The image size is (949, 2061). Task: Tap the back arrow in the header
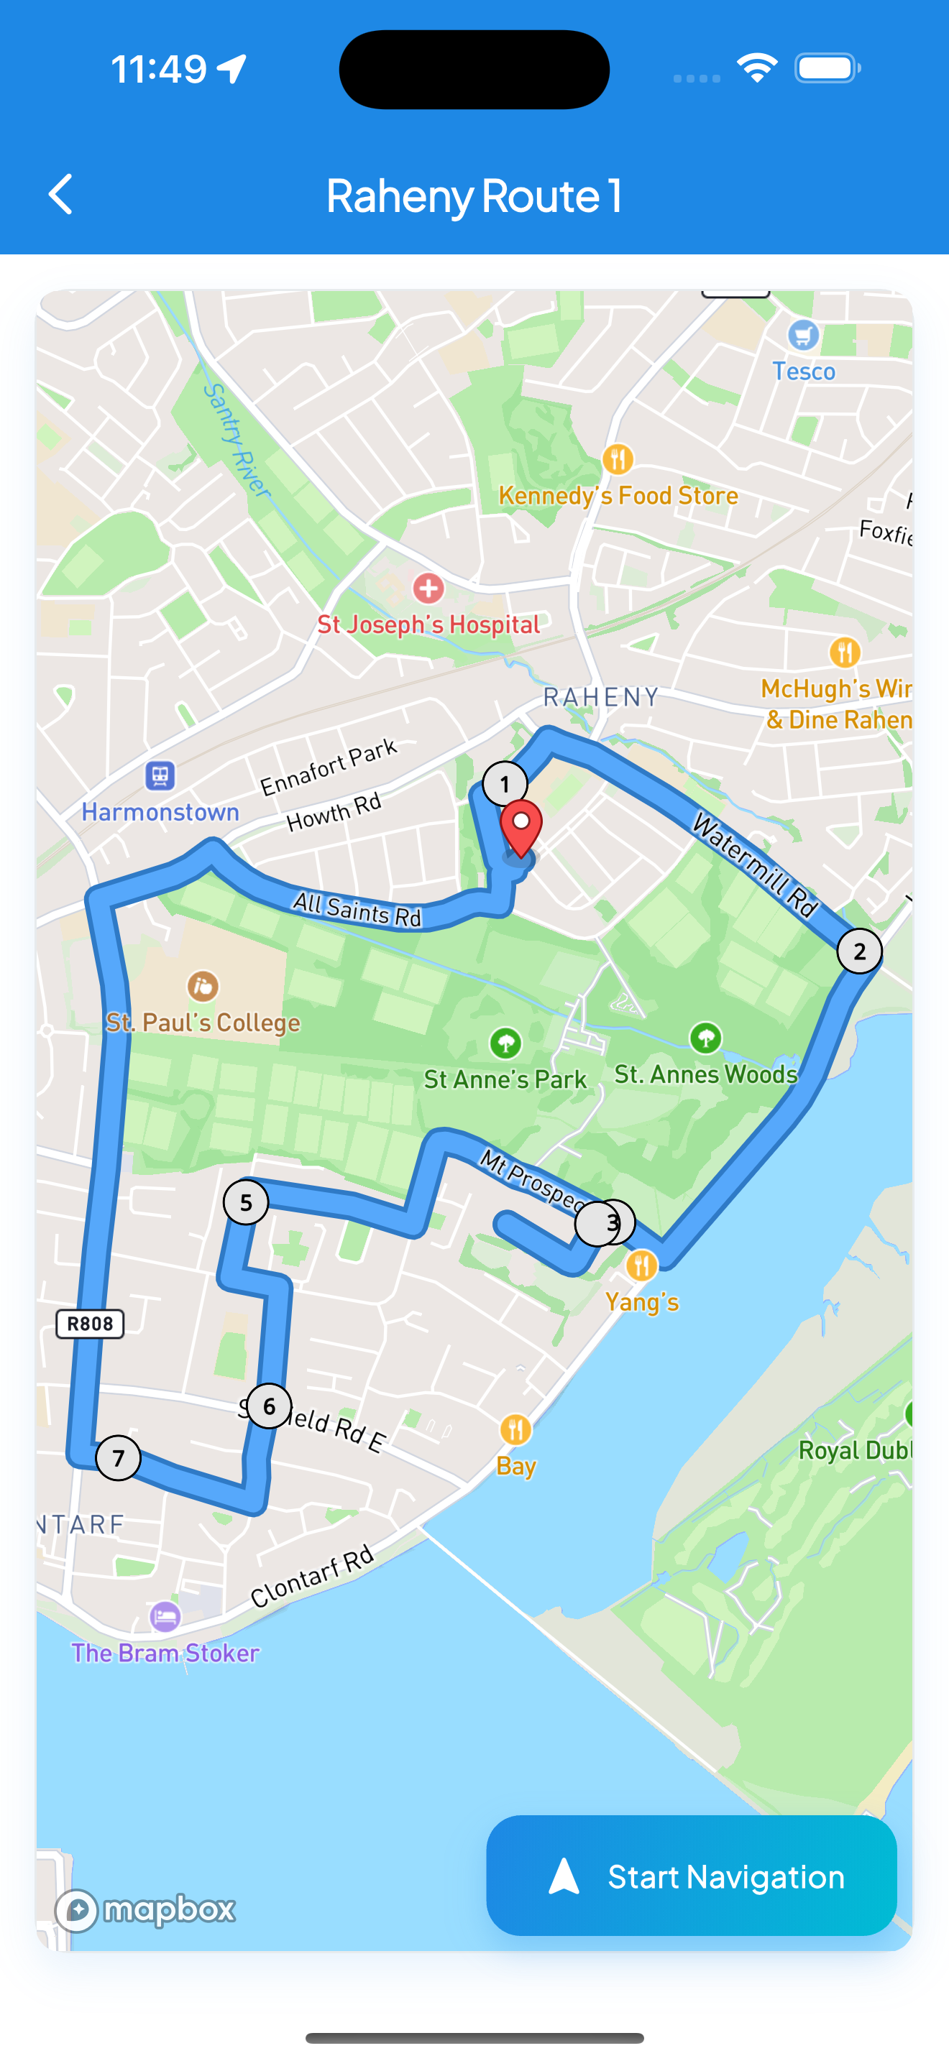tap(61, 195)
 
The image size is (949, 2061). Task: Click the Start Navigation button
tap(692, 1876)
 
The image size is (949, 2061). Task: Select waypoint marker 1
tap(505, 784)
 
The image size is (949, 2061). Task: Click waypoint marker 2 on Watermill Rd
tap(859, 951)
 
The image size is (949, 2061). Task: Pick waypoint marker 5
tap(246, 1202)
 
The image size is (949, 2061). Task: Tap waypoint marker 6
tap(269, 1406)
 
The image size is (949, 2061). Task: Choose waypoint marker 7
tap(119, 1458)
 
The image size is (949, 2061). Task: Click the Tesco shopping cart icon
tap(803, 334)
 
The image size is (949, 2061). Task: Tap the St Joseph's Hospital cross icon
tap(428, 589)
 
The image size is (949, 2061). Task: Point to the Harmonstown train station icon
tap(160, 775)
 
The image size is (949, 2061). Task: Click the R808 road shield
tap(90, 1324)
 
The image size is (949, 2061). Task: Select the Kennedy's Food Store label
tap(618, 496)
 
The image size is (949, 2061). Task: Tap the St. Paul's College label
tap(203, 1023)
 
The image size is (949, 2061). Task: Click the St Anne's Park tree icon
tap(505, 1043)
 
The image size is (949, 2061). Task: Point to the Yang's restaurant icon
tap(641, 1265)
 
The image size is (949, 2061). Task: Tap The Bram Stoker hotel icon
tap(165, 1615)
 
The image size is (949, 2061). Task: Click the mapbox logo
tap(144, 1910)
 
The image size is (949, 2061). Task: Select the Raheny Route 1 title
tap(474, 195)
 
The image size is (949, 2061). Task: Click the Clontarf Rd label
tap(312, 1575)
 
